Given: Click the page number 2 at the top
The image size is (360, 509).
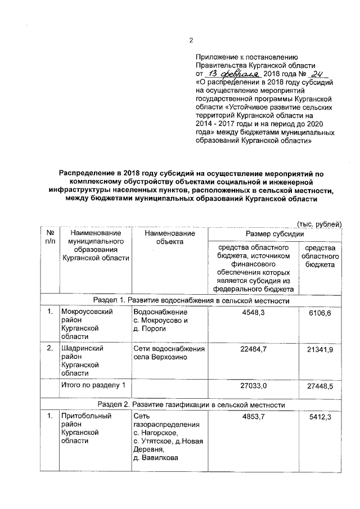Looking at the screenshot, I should pyautogui.click(x=191, y=40).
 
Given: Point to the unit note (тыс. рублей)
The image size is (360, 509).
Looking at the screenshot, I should pyautogui.click(x=319, y=224).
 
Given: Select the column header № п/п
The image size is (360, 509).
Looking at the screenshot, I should pyautogui.click(x=49, y=237).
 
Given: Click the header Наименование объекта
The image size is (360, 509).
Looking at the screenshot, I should pyautogui.click(x=169, y=237).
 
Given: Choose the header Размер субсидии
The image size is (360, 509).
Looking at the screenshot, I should pyautogui.click(x=274, y=233).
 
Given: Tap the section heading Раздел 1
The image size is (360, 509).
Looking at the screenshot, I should pyautogui.click(x=191, y=301).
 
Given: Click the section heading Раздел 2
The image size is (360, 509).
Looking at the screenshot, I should pyautogui.click(x=191, y=404).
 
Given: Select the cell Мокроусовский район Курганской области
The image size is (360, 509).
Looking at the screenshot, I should pyautogui.click(x=80, y=323).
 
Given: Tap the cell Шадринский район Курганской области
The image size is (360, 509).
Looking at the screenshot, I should pyautogui.click(x=80, y=360).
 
